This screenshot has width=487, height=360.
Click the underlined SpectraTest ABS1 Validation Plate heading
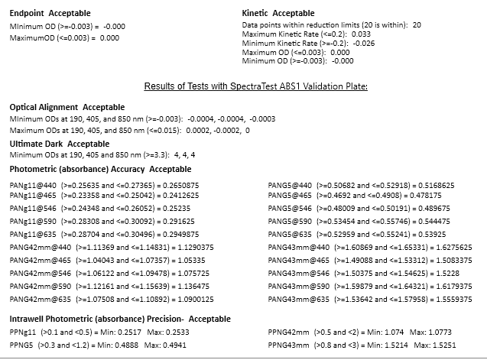[x=255, y=86]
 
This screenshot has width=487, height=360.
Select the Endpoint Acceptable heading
[x=50, y=14]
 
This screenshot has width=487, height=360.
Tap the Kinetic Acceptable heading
[x=278, y=14]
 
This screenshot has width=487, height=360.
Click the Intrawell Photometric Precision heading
[x=119, y=318]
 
